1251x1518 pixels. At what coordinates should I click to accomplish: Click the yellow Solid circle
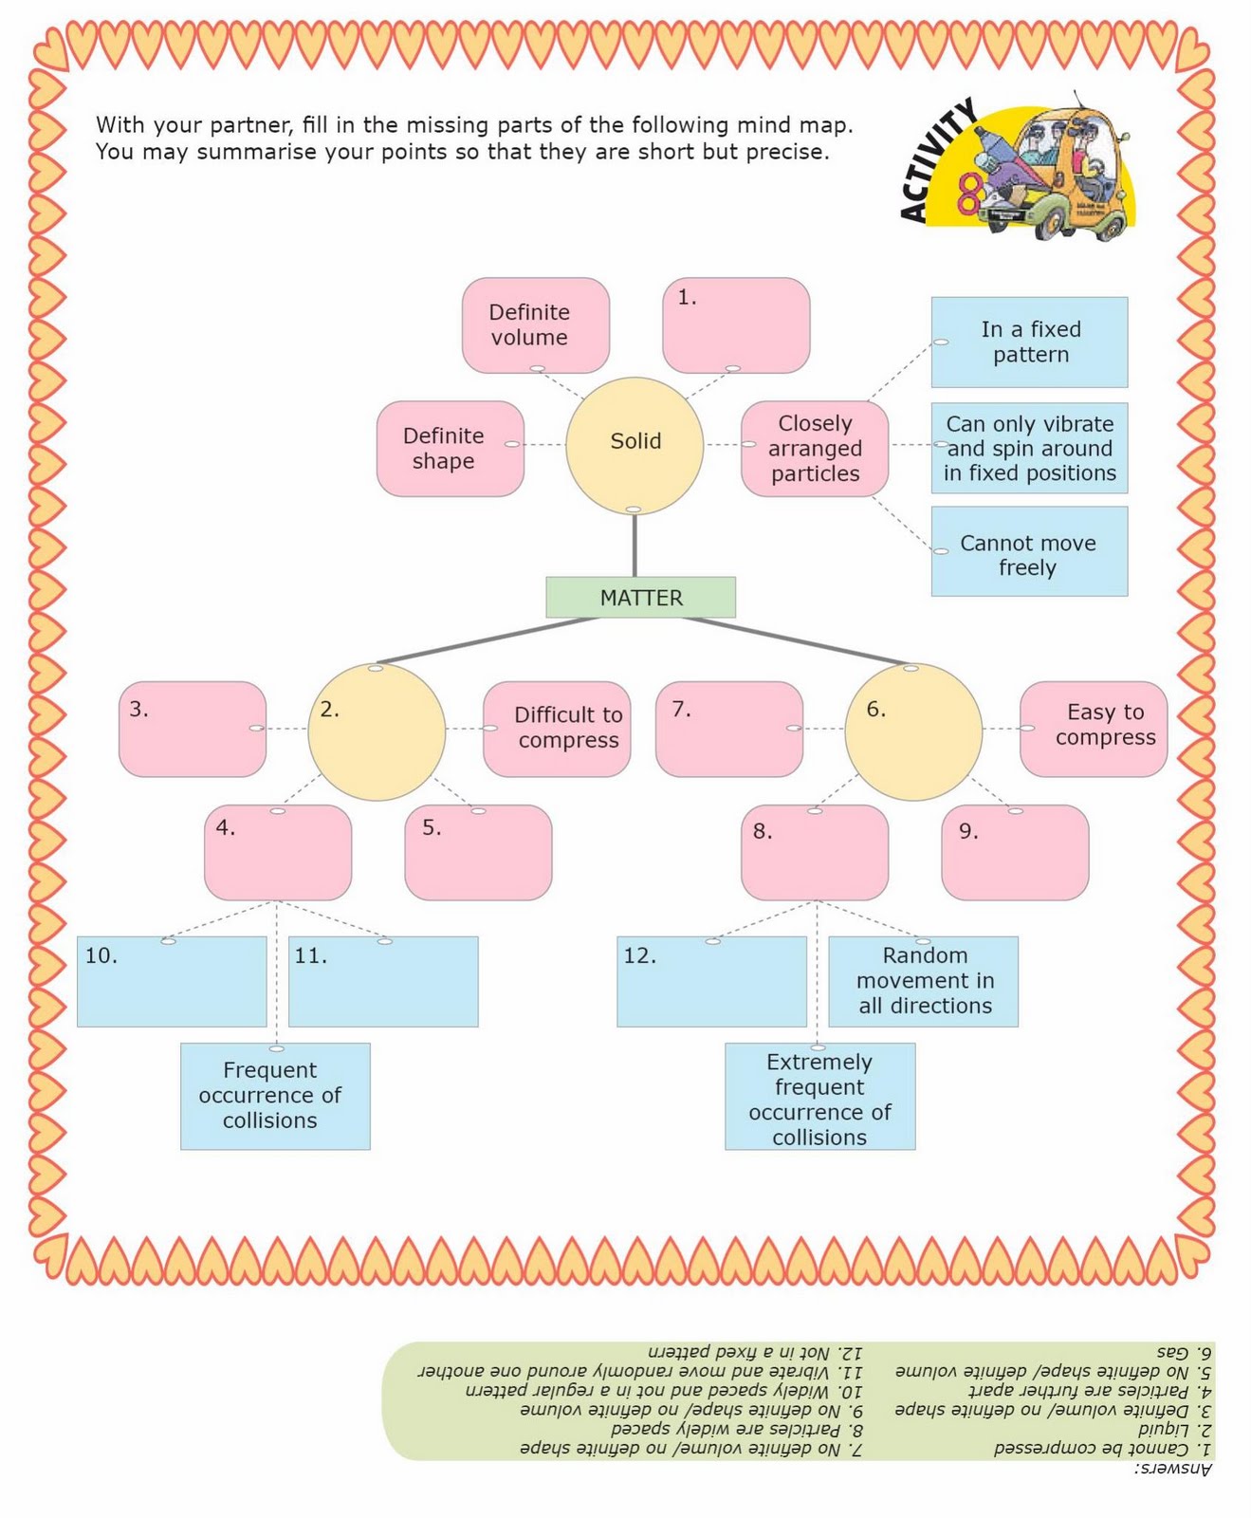pos(635,445)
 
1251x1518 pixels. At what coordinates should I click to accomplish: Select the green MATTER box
pos(640,598)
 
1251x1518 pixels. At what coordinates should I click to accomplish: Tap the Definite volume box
pos(536,324)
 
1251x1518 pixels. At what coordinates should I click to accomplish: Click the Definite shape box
pos(451,449)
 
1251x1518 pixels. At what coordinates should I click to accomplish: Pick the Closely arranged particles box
pos(815,449)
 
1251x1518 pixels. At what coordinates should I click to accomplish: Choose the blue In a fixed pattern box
pos(1029,342)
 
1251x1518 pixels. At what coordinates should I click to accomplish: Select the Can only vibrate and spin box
pos(1029,448)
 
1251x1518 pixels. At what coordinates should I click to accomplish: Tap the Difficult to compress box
pos(557,729)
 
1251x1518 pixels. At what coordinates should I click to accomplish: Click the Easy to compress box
pos(1094,729)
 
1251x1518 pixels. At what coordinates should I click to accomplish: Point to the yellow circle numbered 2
pos(377,731)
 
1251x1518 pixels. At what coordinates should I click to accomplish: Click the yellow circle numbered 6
pos(913,731)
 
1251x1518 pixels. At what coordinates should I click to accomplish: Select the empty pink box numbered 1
pos(736,325)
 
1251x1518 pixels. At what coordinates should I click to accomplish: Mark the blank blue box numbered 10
pos(172,982)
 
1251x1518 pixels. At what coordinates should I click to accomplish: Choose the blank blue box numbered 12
pos(711,982)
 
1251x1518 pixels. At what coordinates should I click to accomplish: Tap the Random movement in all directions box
pos(924,982)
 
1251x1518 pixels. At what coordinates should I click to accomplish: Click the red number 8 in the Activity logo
pos(970,194)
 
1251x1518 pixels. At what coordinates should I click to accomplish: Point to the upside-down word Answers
pos(1173,1469)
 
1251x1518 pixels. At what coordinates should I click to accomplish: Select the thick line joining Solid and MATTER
pos(635,546)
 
